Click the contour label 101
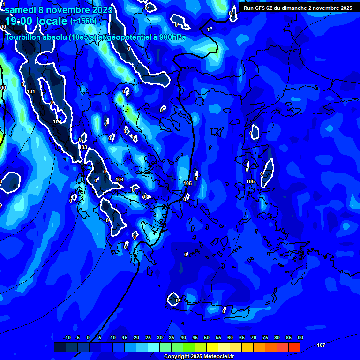click(31, 91)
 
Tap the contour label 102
click(57, 121)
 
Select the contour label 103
click(83, 147)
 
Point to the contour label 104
click(120, 180)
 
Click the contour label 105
click(187, 183)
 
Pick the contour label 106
click(250, 181)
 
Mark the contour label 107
click(321, 345)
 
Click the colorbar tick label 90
click(300, 337)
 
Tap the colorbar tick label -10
click(67, 337)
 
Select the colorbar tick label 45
click(195, 337)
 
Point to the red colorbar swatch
click(294, 347)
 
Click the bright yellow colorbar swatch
click(212, 347)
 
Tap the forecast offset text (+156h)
click(83, 21)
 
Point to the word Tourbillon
click(23, 37)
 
